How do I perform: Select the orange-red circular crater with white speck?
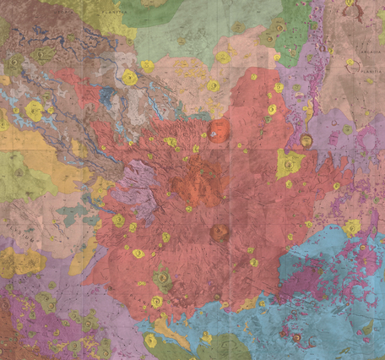(219, 131)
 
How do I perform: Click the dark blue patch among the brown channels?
(107, 96)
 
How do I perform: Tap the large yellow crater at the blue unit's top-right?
(352, 226)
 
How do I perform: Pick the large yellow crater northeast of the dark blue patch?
(130, 78)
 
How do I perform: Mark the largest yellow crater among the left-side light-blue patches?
(34, 110)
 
